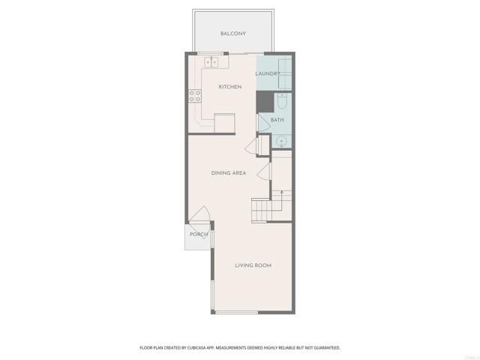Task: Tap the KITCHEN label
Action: pos(229,87)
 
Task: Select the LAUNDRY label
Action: pos(268,73)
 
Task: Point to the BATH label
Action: pos(277,120)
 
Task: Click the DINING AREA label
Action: pos(229,173)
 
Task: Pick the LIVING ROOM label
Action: pos(253,265)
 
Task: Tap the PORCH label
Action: pos(199,235)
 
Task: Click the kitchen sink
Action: pos(211,61)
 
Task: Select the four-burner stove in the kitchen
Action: pos(194,95)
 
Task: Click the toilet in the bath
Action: pos(283,100)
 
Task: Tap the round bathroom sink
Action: pos(281,140)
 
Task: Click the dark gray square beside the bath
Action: pos(265,101)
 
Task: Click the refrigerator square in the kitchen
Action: pos(225,123)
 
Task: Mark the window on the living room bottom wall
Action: pos(236,311)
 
